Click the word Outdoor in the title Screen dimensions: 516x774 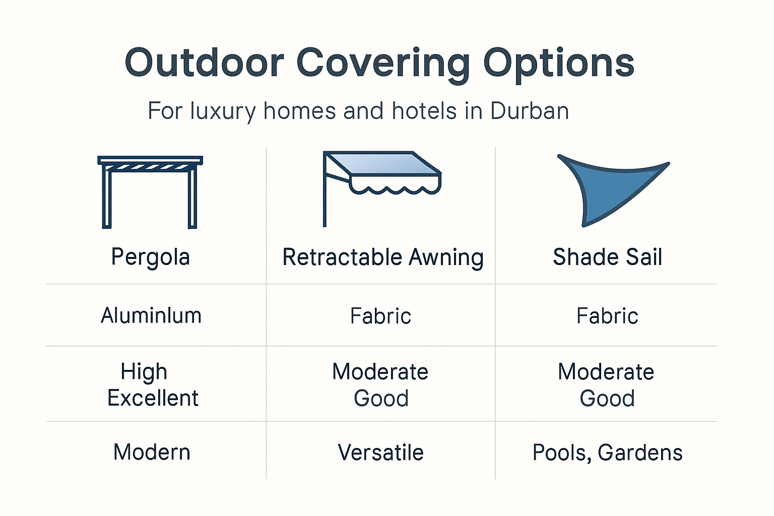click(204, 63)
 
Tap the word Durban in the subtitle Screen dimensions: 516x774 click(529, 111)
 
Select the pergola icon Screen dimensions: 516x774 click(150, 191)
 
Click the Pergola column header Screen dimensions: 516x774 click(150, 257)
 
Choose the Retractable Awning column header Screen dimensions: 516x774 click(382, 257)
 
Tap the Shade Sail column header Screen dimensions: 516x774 click(607, 257)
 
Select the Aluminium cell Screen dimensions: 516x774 click(151, 316)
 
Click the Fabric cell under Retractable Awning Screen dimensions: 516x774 click(380, 316)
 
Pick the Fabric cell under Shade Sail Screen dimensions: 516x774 click(607, 316)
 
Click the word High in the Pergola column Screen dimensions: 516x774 click(144, 372)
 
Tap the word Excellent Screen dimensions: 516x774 click(153, 398)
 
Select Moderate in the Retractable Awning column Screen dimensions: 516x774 click(380, 372)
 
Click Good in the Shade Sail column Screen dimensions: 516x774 click(607, 399)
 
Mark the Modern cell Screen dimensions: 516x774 click(152, 452)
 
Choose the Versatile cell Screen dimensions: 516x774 click(380, 453)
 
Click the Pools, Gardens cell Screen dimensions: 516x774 click(607, 453)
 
